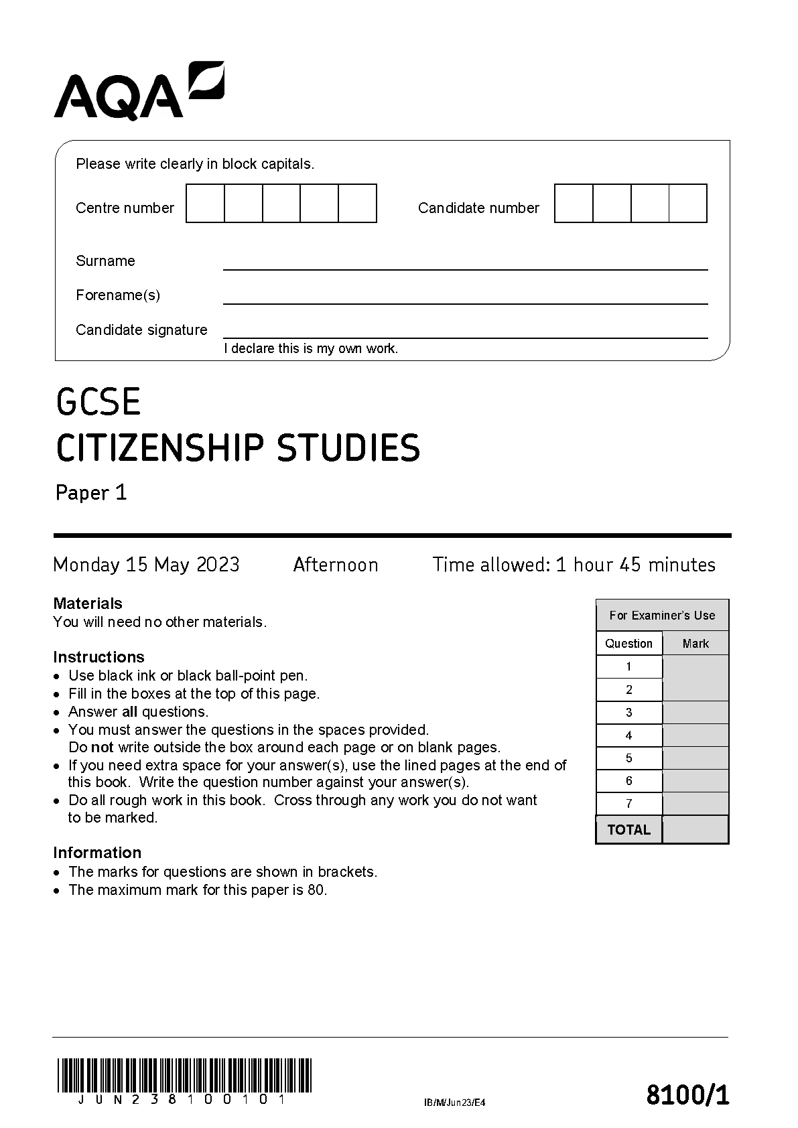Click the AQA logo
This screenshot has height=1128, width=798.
[139, 91]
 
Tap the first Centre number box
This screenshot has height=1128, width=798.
[205, 204]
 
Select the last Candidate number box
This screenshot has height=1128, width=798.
[688, 204]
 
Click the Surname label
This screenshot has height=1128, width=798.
[105, 261]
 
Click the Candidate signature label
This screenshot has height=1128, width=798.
[141, 330]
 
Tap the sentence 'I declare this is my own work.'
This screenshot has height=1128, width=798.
[311, 349]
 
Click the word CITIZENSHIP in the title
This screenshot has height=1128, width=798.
[161, 449]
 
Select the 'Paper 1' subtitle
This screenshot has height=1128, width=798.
[91, 493]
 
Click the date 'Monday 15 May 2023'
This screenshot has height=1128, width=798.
[146, 565]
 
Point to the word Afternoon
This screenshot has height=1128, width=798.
[336, 565]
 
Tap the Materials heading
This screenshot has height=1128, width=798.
[88, 604]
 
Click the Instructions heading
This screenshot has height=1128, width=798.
[98, 657]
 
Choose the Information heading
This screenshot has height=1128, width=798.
[97, 853]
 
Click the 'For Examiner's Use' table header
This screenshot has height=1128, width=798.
[662, 616]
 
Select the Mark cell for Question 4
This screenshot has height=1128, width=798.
[695, 735]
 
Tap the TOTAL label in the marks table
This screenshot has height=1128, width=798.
[628, 830]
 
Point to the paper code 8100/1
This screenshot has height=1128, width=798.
[687, 1096]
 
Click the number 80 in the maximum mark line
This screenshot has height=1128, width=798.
[316, 890]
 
